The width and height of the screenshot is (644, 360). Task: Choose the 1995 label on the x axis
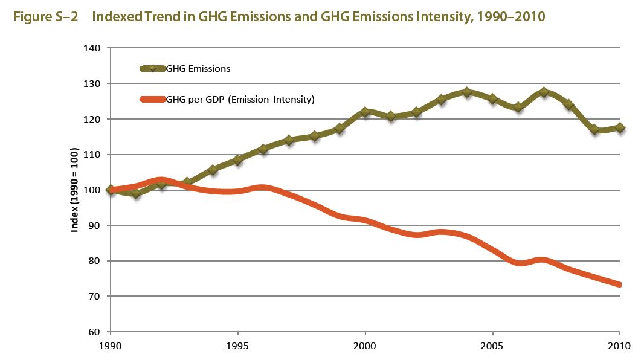coord(238,346)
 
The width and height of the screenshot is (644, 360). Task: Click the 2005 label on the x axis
coord(493,346)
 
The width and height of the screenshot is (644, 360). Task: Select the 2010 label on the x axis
coord(620,346)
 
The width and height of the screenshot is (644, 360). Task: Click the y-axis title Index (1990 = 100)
coord(75,189)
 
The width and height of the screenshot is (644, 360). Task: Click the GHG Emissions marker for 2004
coord(467,92)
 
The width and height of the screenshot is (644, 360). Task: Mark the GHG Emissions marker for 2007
coord(544,92)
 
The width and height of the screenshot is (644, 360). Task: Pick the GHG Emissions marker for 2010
coord(620,127)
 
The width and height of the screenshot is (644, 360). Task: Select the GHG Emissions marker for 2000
coord(365,112)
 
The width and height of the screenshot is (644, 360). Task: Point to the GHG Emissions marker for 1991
coord(136,193)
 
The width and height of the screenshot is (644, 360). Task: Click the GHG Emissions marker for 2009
coord(594,129)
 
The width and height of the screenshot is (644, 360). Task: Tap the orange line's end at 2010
coord(619,284)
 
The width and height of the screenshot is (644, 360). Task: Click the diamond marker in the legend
coord(153,69)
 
